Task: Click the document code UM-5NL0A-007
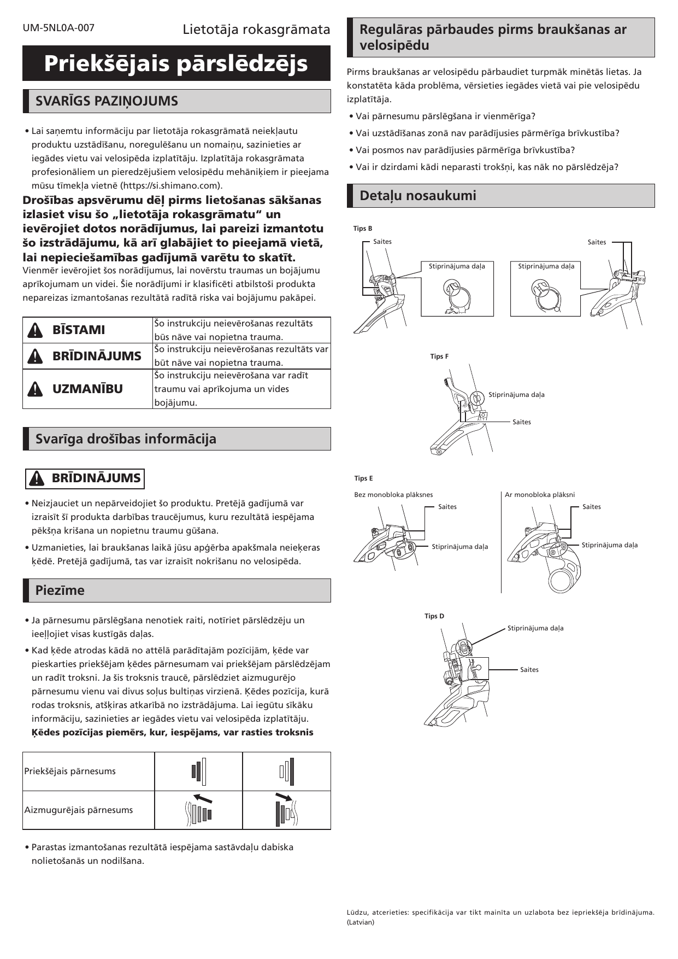(58, 28)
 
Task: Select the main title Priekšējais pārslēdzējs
(176, 63)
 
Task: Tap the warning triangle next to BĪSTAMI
(34, 330)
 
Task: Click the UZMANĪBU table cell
(87, 389)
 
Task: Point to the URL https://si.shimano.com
(171, 185)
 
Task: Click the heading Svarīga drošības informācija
(126, 439)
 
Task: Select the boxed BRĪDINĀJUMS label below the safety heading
(85, 478)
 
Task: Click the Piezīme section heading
(60, 590)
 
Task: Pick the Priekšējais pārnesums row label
(70, 771)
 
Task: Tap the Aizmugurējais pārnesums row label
(79, 810)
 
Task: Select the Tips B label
(363, 229)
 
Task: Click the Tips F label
(439, 356)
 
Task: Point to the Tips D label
(434, 616)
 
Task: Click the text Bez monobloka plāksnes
(393, 495)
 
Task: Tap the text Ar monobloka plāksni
(540, 495)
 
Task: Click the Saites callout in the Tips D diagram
(529, 670)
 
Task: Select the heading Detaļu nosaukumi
(417, 196)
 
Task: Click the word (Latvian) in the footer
(361, 922)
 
